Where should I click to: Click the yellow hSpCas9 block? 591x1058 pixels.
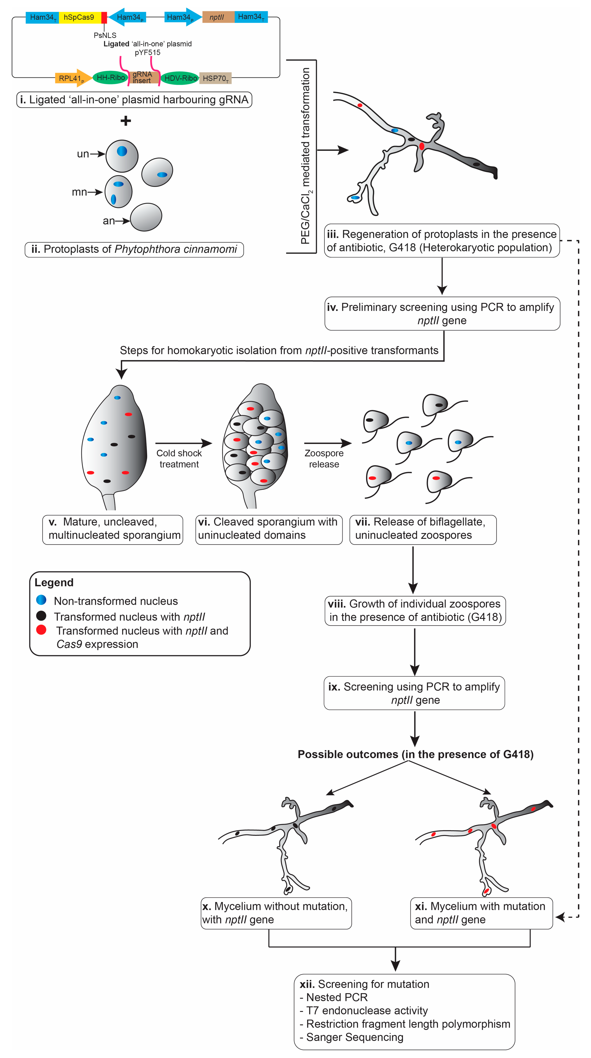[x=79, y=17]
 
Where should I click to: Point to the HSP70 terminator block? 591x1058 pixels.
[x=215, y=78]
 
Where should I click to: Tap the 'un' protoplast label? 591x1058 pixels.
[x=83, y=154]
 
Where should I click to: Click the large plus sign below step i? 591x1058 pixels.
[x=126, y=121]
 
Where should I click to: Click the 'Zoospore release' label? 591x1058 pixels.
[x=324, y=458]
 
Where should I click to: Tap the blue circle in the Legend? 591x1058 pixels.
[x=41, y=600]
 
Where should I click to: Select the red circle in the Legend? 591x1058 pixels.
[x=41, y=630]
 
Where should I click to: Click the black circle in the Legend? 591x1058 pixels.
[x=41, y=615]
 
